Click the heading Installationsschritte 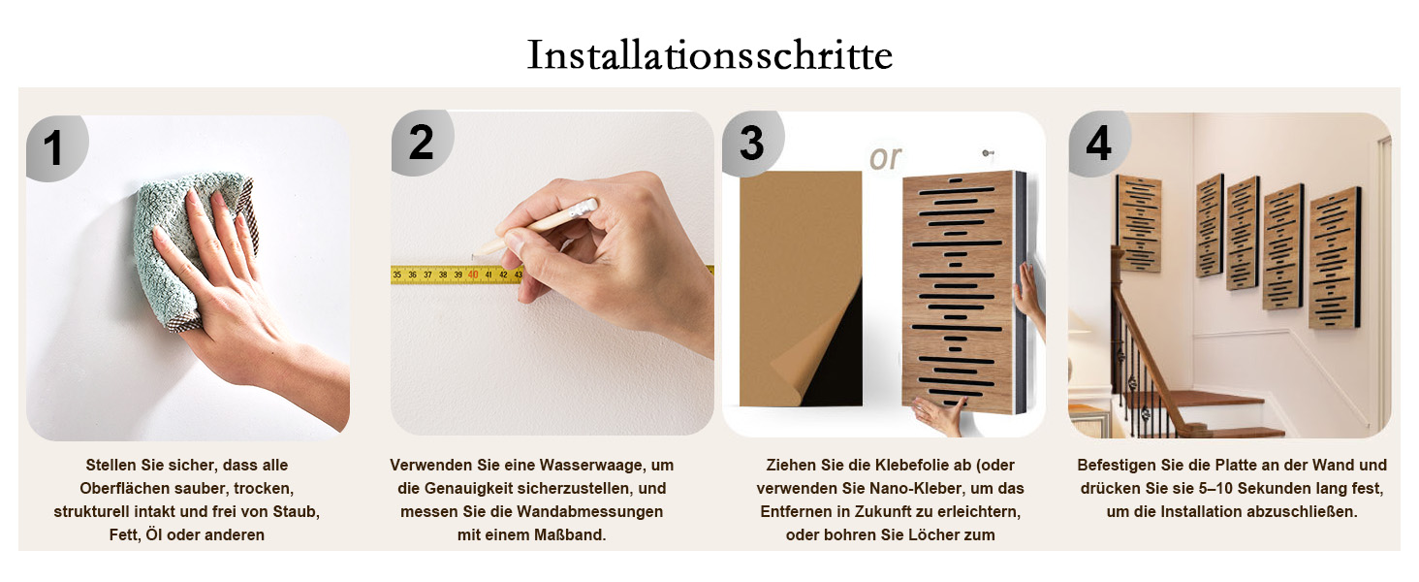pyautogui.click(x=709, y=54)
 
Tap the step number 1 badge pyautogui.click(x=56, y=148)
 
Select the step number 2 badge pyautogui.click(x=422, y=143)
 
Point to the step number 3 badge pyautogui.click(x=752, y=144)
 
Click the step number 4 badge pyautogui.click(x=1099, y=144)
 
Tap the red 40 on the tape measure pyautogui.click(x=473, y=275)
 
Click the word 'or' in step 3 pyautogui.click(x=885, y=158)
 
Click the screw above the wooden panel pyautogui.click(x=987, y=153)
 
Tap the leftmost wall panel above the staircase pyautogui.click(x=1138, y=223)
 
